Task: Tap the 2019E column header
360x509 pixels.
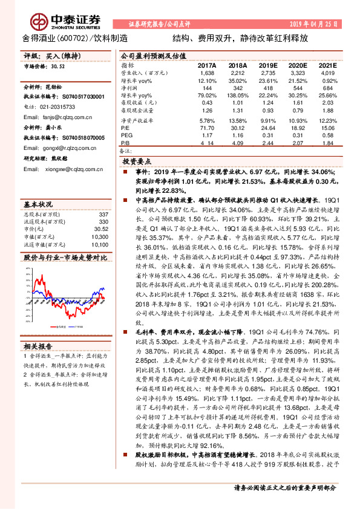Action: pos(269,64)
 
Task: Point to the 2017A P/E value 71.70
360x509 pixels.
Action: pos(207,127)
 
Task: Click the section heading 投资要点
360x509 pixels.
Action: pos(136,163)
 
